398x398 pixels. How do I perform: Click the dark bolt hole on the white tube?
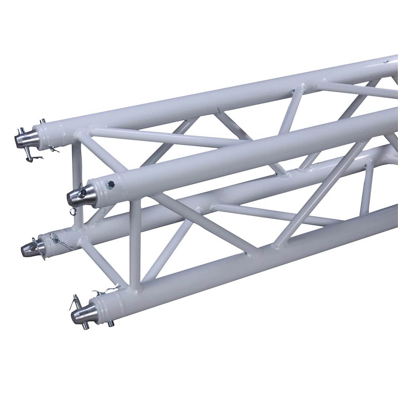coord(111,184)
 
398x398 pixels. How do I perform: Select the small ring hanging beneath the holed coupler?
coord(72,211)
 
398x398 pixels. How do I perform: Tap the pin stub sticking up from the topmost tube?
coord(42,121)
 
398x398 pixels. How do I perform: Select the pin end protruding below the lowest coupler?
coord(84,327)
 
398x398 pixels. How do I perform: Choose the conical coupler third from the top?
coord(30,249)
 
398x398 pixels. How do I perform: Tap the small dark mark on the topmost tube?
coord(385,62)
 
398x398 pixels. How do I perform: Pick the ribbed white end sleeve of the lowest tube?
coord(104,306)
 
